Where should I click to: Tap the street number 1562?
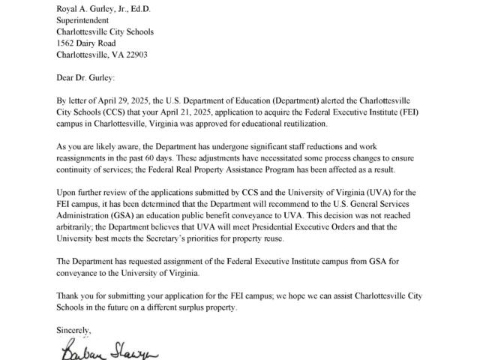pyautogui.click(x=67, y=43)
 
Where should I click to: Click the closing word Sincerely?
pyautogui.click(x=78, y=329)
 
